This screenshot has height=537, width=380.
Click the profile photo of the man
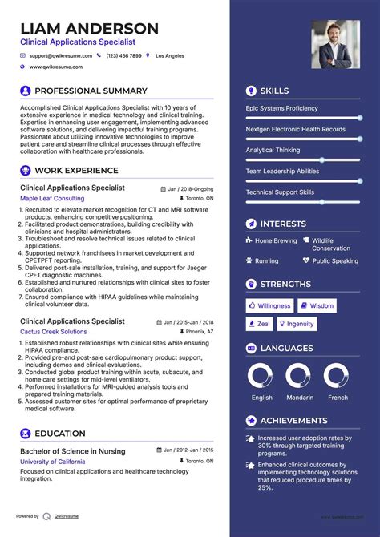(335, 44)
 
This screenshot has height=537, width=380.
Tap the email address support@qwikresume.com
(61, 56)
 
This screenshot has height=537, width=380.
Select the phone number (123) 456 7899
(123, 56)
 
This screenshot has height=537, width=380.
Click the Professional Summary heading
(91, 91)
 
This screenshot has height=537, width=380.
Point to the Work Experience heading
(76, 171)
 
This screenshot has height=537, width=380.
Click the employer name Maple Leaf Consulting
(52, 198)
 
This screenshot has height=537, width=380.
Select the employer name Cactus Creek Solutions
(54, 331)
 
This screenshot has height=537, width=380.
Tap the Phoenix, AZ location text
(200, 331)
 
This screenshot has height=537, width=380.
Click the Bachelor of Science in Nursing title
(73, 451)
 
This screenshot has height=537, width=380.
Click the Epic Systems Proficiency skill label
(282, 108)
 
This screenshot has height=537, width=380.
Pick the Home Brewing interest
(276, 240)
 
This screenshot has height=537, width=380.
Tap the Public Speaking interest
(335, 261)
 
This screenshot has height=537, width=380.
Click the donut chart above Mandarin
(298, 377)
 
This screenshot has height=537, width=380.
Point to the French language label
(338, 398)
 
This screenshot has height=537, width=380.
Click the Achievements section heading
(293, 420)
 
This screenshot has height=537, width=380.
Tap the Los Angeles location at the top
(169, 56)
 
